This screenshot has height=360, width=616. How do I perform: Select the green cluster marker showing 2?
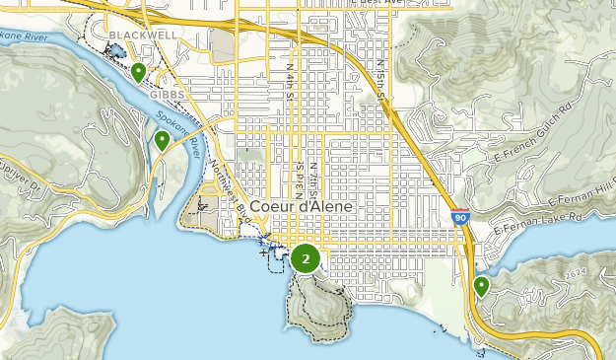tap(306, 259)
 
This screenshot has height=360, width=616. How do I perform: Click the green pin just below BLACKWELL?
tap(139, 72)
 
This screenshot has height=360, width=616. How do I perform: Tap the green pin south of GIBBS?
tap(162, 141)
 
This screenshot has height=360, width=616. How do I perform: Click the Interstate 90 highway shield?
tap(459, 215)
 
